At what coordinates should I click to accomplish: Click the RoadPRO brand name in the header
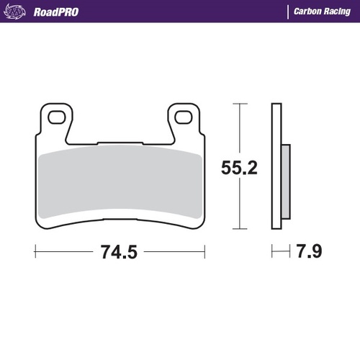55,12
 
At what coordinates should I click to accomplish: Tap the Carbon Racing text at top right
321,12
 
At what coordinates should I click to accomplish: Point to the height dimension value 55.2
238,167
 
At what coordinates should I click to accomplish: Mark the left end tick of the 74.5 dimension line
35,252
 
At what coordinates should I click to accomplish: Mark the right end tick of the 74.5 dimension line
206,252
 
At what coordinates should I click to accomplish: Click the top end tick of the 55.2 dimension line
238,104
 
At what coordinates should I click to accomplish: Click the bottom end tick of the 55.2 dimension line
238,230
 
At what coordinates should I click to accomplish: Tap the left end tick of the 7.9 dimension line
271,252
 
